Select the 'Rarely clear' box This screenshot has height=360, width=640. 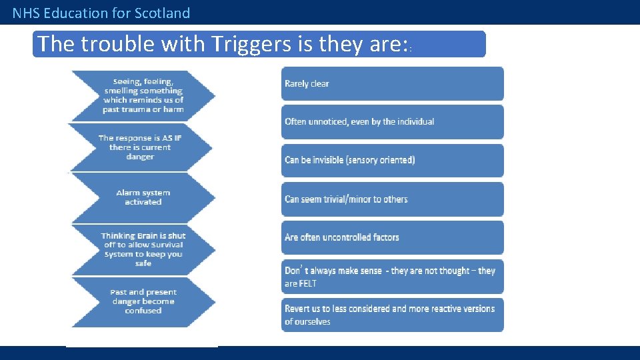(x=392, y=84)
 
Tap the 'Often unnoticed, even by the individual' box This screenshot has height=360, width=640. (x=392, y=122)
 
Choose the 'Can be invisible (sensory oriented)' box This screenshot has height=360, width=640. (x=392, y=160)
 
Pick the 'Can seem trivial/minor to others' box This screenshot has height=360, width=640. (x=392, y=199)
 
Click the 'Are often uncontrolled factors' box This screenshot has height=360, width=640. (x=392, y=237)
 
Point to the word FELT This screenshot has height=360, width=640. (x=307, y=284)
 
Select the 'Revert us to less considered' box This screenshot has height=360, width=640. (x=392, y=315)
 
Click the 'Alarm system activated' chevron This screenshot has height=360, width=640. (x=143, y=197)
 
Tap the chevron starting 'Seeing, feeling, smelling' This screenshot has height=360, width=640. (x=143, y=95)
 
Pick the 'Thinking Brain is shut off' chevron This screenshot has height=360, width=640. (x=143, y=249)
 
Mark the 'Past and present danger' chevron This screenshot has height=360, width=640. (x=143, y=301)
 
